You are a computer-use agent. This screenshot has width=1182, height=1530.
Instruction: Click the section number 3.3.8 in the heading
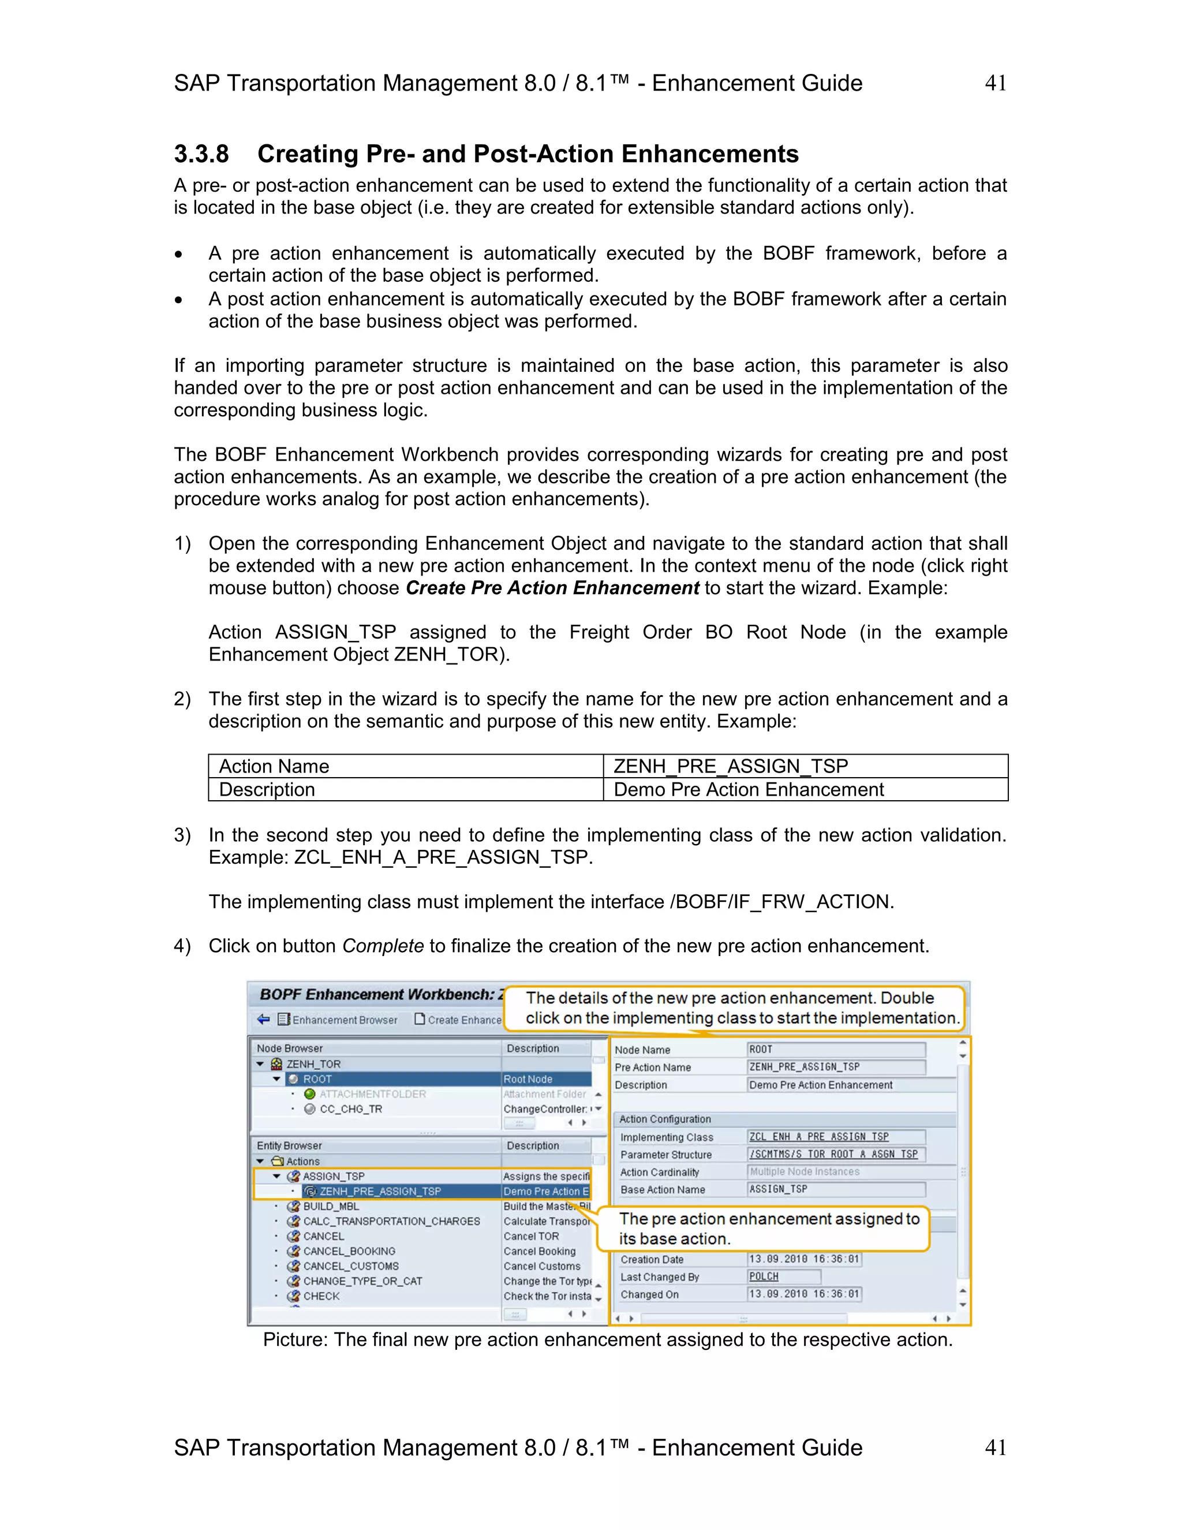(x=201, y=154)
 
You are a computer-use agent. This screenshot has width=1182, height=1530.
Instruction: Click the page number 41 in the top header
(x=995, y=83)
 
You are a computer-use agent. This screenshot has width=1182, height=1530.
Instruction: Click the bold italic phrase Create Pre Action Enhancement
(x=552, y=588)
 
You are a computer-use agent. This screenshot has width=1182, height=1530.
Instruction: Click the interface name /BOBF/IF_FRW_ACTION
(x=780, y=902)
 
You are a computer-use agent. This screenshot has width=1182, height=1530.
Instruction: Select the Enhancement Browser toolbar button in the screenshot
(x=338, y=1020)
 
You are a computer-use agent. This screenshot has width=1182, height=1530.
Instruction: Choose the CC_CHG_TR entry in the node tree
(x=350, y=1109)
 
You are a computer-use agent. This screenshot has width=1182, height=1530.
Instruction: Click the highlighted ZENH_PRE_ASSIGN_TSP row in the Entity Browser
(x=380, y=1191)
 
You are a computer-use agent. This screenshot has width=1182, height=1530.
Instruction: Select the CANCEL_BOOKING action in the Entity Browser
(x=349, y=1251)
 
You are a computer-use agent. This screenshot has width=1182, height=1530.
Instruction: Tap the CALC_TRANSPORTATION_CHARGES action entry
(x=391, y=1221)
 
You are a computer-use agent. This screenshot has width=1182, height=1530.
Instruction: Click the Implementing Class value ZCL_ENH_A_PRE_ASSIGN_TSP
(x=818, y=1137)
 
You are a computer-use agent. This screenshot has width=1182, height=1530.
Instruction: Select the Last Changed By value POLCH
(x=763, y=1277)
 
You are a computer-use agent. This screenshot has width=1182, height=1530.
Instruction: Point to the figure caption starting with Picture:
(x=607, y=1339)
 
